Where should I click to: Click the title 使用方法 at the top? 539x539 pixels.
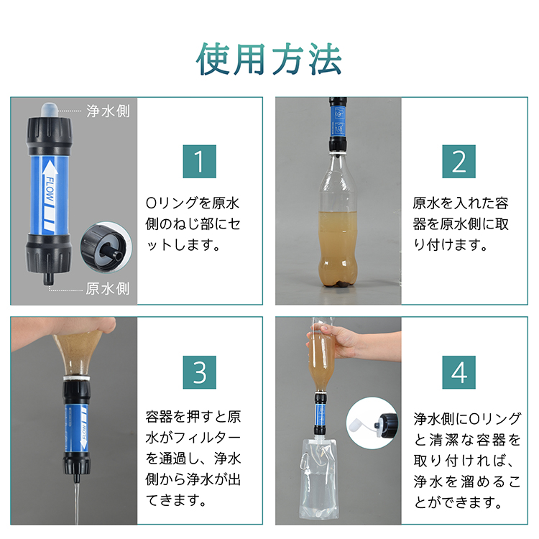pos(269,59)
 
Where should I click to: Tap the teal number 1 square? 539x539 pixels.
pos(199,162)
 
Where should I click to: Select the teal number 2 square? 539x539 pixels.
pos(459,162)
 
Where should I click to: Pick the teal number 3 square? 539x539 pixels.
pos(199,372)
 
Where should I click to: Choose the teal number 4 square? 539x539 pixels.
pos(459,372)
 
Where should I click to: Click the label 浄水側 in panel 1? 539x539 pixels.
pos(108,111)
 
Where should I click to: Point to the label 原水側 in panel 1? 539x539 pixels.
pos(108,288)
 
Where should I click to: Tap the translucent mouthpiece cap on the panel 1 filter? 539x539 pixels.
pos(49,110)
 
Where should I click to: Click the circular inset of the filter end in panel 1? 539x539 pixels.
pos(106,247)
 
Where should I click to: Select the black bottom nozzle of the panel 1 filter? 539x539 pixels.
pos(49,277)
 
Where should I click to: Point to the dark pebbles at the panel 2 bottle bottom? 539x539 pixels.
pos(339,284)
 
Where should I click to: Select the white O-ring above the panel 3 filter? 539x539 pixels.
pos(76,378)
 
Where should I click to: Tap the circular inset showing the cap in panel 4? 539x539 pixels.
pos(372,423)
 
